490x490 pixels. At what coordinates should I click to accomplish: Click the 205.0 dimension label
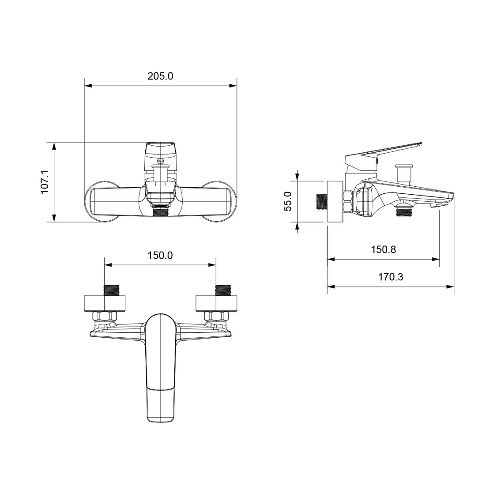[160, 76]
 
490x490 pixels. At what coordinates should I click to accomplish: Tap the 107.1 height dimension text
[45, 182]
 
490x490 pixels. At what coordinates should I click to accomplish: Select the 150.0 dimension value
[160, 255]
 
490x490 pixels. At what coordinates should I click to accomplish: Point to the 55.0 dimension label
[287, 201]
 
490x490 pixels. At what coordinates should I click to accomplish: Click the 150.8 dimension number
[384, 249]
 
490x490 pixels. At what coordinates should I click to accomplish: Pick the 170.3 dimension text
[391, 276]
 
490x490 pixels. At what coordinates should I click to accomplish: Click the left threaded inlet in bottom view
[111, 290]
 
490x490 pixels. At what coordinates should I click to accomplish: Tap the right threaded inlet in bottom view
[223, 290]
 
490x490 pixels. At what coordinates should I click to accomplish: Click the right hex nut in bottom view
[216, 316]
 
